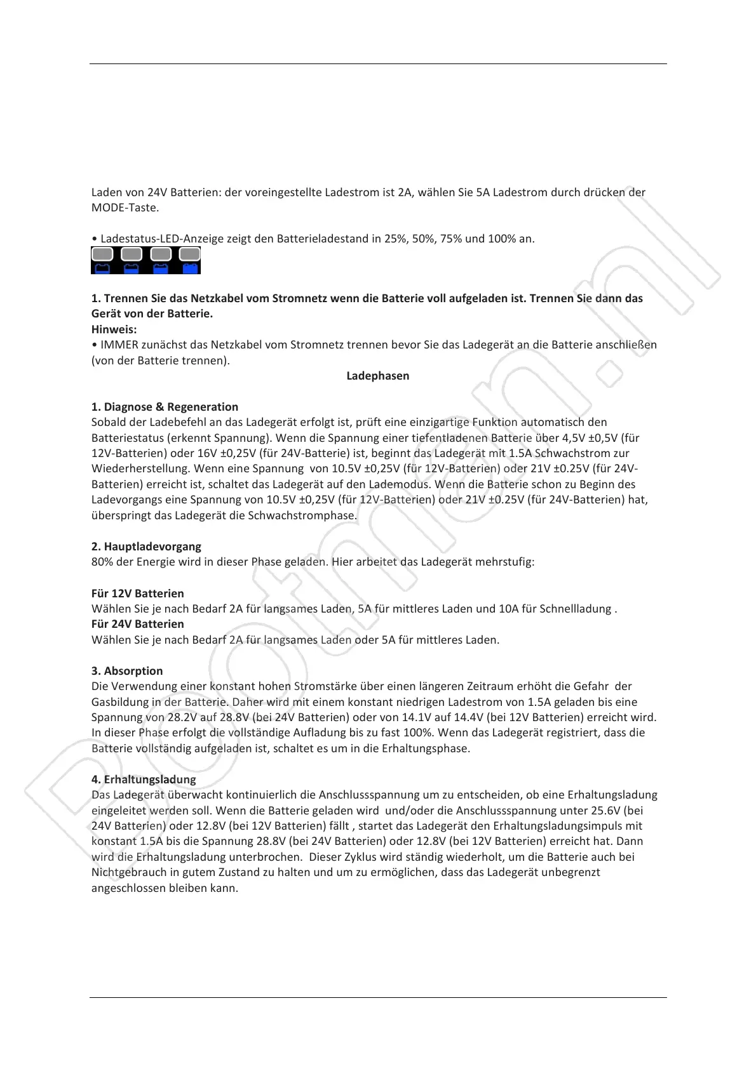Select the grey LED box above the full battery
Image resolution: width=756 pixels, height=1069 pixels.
coord(190,255)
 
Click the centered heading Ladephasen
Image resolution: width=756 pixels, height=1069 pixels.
coord(377,376)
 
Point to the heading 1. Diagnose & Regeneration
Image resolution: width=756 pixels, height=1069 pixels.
coord(165,407)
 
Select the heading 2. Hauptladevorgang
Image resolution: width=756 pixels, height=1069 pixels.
coord(146,547)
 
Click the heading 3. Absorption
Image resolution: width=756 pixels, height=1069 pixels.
coord(127,671)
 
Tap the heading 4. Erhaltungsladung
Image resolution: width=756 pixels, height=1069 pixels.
coord(144,780)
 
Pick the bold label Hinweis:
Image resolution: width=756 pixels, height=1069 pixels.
coord(114,329)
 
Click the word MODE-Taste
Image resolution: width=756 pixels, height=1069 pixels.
coord(125,208)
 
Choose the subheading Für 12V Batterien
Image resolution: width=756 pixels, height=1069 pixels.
coord(138,594)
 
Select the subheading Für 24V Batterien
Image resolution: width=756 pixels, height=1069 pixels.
coord(138,624)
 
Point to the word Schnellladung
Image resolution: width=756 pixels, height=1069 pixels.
coord(575,609)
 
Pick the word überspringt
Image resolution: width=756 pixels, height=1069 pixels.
coord(121,515)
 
